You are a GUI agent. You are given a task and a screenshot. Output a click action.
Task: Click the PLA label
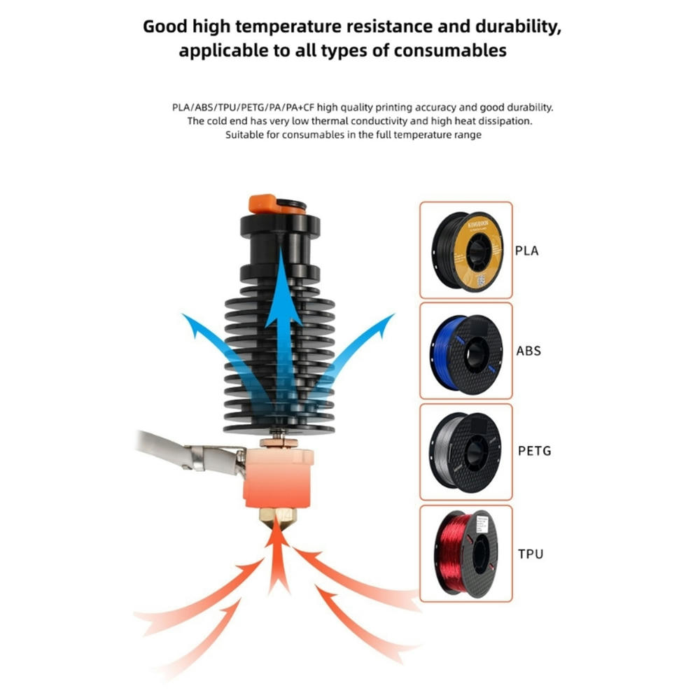(x=526, y=250)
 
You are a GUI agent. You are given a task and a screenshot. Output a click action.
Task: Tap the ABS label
(x=528, y=350)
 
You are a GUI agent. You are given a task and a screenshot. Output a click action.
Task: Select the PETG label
(x=534, y=451)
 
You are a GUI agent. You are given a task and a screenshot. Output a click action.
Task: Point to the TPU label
(x=530, y=554)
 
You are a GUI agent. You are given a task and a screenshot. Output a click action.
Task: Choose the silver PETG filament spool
(x=466, y=451)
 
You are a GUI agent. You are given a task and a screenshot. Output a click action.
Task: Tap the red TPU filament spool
(x=466, y=553)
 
